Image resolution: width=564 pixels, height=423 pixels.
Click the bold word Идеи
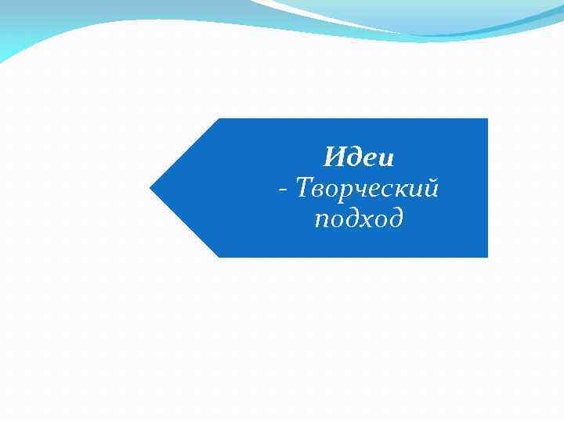pyautogui.click(x=359, y=158)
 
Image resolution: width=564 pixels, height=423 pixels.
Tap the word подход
pyautogui.click(x=359, y=219)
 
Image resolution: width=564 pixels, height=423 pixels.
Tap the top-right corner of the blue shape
pyautogui.click(x=486, y=120)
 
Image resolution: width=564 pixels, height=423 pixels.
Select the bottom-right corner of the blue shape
pyautogui.click(x=486, y=256)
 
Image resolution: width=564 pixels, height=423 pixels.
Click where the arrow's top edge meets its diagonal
pyautogui.click(x=219, y=120)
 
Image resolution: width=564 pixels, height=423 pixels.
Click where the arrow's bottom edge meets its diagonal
pyautogui.click(x=219, y=256)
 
